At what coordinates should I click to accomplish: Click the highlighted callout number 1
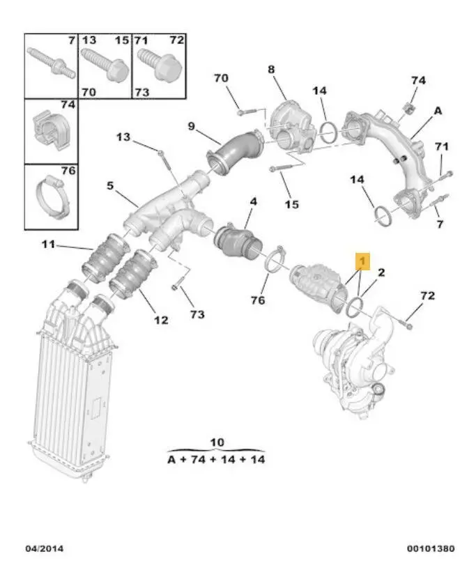click(x=361, y=261)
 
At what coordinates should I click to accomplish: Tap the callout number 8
click(x=271, y=69)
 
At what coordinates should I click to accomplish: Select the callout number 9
click(x=191, y=127)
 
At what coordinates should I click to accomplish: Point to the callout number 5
click(x=110, y=186)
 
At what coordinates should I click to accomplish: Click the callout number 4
click(x=253, y=201)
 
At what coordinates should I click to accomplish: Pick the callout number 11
click(x=47, y=245)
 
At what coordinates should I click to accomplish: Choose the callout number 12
click(x=161, y=320)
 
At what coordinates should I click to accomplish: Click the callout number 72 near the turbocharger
click(x=427, y=295)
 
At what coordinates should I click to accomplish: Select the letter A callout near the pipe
click(x=438, y=110)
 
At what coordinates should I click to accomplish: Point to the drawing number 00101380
click(x=431, y=549)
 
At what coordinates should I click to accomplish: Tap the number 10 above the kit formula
click(x=217, y=442)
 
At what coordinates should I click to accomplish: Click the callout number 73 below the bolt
click(x=197, y=314)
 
